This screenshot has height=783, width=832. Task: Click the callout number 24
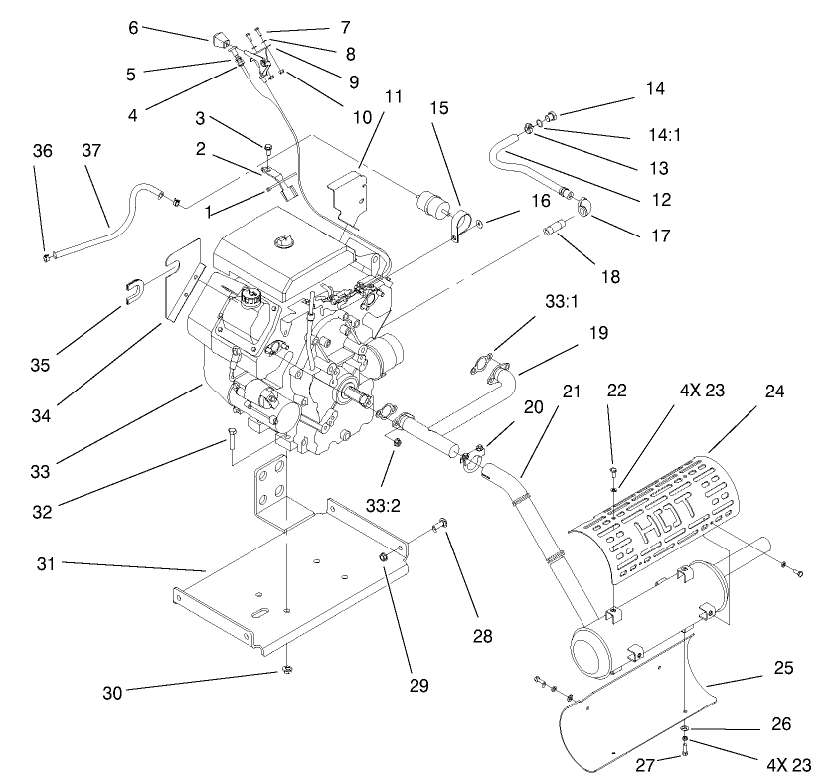click(774, 391)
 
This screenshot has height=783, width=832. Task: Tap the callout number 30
click(113, 693)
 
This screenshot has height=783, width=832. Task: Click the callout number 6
click(133, 28)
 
